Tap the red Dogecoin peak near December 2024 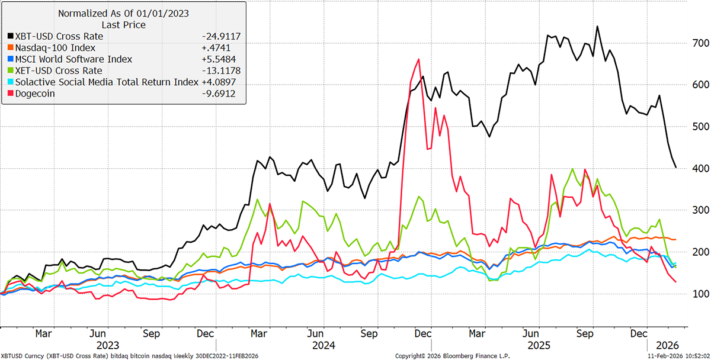419,59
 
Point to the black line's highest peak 597,26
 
